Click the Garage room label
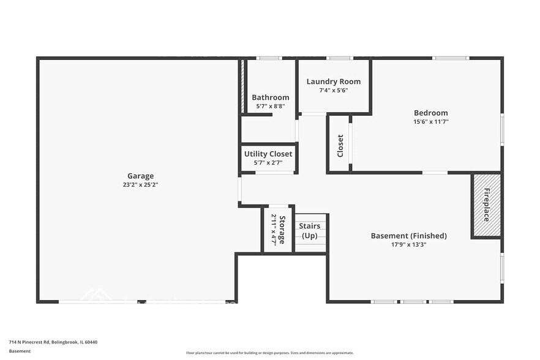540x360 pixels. pos(140,176)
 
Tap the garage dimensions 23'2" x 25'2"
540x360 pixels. pos(140,184)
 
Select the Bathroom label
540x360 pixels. pos(270,97)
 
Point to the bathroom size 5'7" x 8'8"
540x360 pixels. pos(270,106)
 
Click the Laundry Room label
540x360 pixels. pos(333,81)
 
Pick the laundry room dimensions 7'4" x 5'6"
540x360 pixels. pos(333,90)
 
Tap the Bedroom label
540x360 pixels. pos(430,113)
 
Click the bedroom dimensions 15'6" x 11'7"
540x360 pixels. pos(430,121)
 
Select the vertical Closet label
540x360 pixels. pos(340,146)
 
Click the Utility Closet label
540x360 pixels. pos(268,154)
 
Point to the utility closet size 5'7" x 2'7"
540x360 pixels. pos(268,162)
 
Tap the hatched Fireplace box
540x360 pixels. pos(486,205)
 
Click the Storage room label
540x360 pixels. pos(282,230)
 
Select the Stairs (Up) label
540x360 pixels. pos(310,231)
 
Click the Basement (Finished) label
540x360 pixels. pos(408,236)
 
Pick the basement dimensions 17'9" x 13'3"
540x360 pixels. pos(408,244)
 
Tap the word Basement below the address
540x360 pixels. pos(20,351)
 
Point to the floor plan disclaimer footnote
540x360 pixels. pos(269,353)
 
